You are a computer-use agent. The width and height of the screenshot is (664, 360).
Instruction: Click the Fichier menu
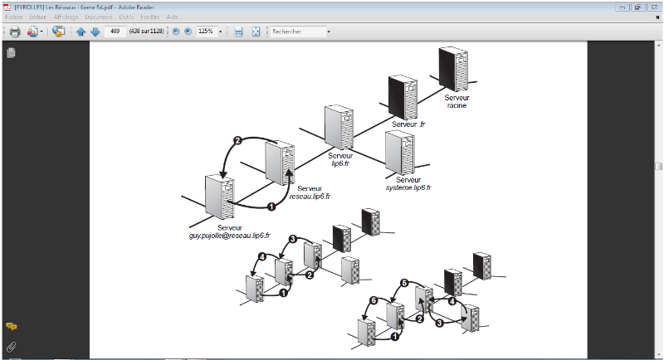pos(12,17)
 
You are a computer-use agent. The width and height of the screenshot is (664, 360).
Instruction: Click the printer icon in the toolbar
pos(14,32)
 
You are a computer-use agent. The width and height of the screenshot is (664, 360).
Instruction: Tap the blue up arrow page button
pos(81,32)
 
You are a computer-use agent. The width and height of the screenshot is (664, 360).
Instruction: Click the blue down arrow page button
pos(95,32)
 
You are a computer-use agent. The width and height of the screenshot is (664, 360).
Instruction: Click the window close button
pos(653,6)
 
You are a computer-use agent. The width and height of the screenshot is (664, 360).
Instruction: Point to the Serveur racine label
pos(456,101)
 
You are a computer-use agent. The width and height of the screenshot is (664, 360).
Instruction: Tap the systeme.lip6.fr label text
pos(408,188)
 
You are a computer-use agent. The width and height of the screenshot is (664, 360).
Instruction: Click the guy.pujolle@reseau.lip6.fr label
pos(230,236)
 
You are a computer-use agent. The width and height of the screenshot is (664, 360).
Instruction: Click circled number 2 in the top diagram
pos(237,142)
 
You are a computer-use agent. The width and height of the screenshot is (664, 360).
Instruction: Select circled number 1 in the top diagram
pos(271,207)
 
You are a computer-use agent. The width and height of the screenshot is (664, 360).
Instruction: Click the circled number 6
pos(373,300)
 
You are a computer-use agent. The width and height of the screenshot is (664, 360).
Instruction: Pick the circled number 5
pos(404,284)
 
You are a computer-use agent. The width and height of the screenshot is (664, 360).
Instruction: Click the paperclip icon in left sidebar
pos(12,345)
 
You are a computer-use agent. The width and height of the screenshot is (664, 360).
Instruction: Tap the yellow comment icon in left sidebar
pos(12,327)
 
